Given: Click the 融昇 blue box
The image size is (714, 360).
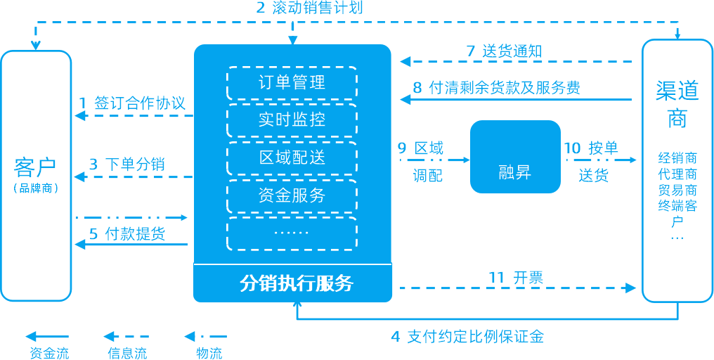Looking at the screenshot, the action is coord(515,156).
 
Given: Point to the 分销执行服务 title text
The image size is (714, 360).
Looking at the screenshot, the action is coord(297,283).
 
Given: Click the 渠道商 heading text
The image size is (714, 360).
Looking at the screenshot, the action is coord(677,105).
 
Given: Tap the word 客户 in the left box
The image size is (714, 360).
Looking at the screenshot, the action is coord(35,167).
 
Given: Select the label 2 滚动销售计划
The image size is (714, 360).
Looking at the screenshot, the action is coord(310,8).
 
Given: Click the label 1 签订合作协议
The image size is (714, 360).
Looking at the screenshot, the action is coord(132,103).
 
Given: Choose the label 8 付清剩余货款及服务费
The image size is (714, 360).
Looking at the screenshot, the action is coord(496,87).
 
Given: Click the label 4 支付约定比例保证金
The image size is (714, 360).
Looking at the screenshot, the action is coord(467,337).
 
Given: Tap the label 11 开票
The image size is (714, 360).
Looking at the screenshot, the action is coord(516,277).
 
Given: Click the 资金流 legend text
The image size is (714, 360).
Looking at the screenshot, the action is coord(50,353).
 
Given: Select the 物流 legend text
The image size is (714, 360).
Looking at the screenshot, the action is coord(209,353).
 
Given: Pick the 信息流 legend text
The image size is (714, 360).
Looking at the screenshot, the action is coord(127,353).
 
